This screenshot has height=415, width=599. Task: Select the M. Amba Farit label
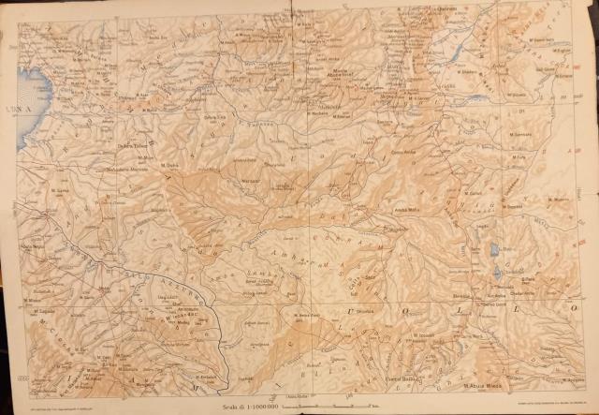299,316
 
